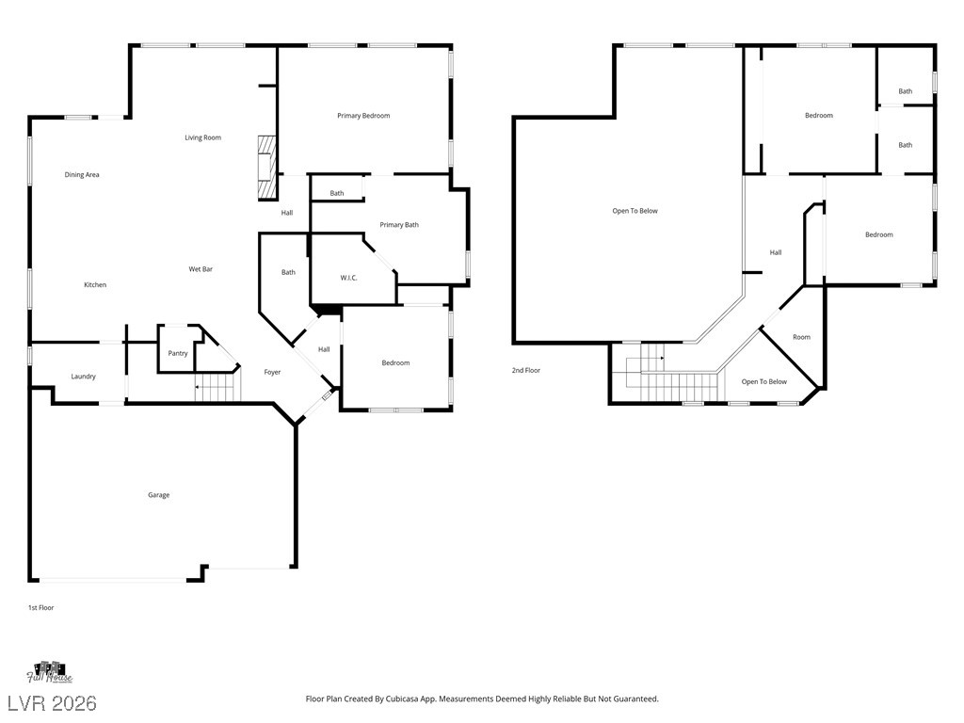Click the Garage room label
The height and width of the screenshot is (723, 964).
158,495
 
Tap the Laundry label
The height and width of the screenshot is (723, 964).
83,377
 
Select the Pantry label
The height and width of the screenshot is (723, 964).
178,354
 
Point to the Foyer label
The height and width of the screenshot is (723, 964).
272,373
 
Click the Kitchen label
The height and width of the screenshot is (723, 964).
95,285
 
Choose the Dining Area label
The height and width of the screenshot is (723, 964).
82,175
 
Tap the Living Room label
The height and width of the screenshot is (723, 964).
202,138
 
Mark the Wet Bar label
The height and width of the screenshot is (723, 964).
201,270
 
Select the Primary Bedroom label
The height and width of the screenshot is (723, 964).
363,116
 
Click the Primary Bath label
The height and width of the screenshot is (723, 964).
399,225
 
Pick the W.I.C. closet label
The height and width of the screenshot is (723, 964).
348,278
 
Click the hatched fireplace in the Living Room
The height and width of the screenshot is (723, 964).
267,168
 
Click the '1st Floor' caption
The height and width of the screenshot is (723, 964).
40,608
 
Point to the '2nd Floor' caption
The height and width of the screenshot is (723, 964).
526,371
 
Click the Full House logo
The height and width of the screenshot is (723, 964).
50,672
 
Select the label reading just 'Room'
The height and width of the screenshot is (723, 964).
801,337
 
